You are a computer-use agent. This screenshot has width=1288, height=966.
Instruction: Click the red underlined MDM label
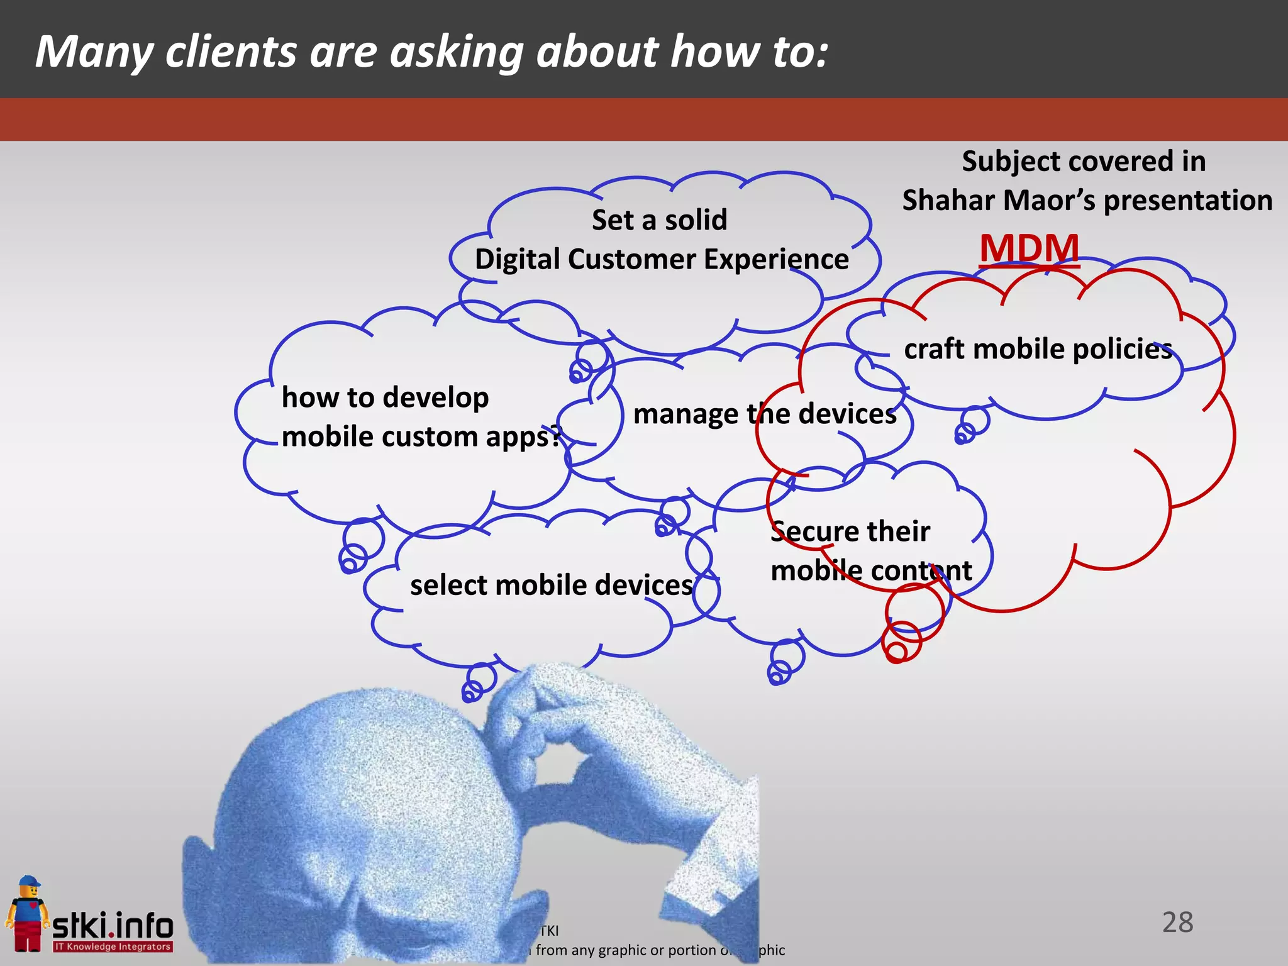click(1029, 248)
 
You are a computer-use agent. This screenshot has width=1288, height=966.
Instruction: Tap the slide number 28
click(1177, 923)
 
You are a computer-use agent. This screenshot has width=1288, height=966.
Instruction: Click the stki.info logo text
click(113, 926)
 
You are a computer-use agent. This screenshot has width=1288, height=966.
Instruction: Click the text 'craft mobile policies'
click(1038, 349)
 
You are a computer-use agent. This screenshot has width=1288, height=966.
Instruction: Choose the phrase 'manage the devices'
click(765, 414)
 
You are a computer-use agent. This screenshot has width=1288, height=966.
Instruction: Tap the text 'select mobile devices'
click(552, 585)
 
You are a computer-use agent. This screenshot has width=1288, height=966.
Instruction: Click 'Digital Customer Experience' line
click(661, 259)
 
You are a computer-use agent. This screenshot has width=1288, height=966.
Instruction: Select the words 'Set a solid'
click(659, 220)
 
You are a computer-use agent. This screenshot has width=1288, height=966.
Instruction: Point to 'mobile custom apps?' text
click(421, 436)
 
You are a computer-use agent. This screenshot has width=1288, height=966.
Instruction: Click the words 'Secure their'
click(850, 531)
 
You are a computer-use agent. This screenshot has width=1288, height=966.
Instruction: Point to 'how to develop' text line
click(385, 397)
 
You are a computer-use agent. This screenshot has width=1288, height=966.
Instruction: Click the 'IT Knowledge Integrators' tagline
click(113, 947)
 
